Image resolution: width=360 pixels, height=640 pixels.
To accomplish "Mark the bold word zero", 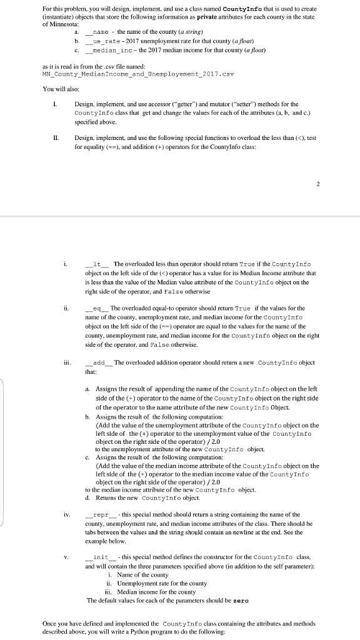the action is click(241, 600).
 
